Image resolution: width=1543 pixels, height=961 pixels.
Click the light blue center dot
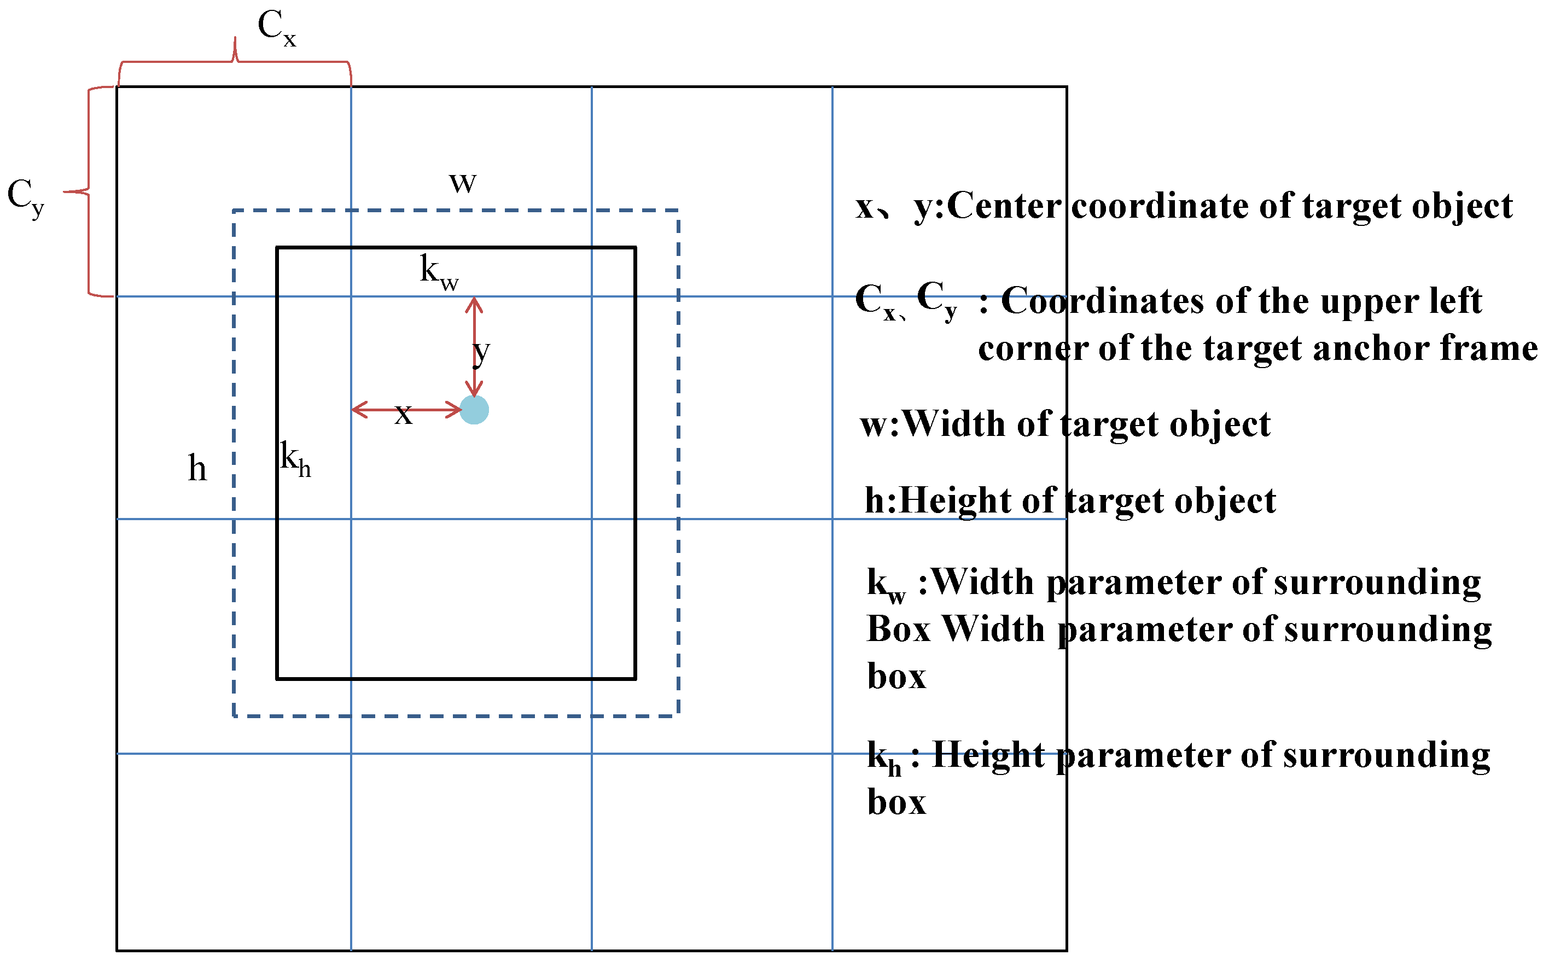coord(474,410)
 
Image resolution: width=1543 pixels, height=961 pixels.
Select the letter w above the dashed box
coord(462,183)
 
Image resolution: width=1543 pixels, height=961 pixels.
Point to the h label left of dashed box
coord(197,469)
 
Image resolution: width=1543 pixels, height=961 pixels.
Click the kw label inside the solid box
coord(439,272)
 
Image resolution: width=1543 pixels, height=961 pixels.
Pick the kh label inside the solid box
coord(295,458)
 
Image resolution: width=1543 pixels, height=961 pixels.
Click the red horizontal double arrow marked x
coord(407,410)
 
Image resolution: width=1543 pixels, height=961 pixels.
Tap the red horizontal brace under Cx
coord(235,62)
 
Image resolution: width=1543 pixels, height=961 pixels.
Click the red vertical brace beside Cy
coord(88,191)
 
